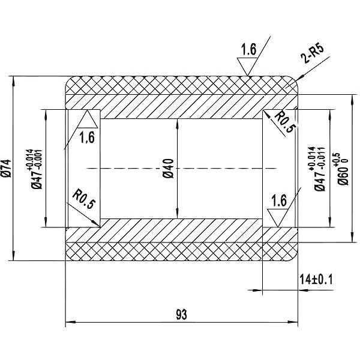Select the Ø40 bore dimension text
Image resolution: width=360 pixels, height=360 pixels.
click(168, 169)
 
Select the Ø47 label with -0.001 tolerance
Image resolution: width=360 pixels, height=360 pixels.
click(37, 170)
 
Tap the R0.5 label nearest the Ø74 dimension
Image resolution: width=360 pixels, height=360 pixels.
click(83, 200)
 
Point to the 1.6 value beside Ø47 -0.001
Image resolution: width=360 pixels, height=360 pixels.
click(86, 138)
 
